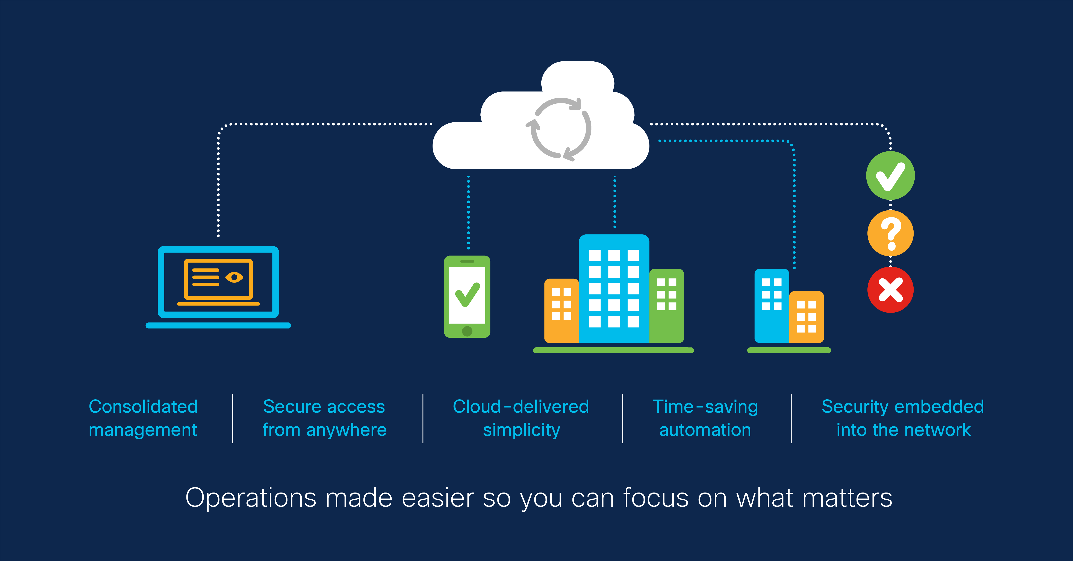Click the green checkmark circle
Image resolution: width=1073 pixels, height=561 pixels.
(x=890, y=175)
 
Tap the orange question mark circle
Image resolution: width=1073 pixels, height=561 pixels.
(x=890, y=233)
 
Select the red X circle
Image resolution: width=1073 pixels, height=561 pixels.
(x=890, y=290)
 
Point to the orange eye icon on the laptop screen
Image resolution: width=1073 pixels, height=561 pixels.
(x=234, y=277)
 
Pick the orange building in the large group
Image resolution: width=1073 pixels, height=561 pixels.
(x=561, y=310)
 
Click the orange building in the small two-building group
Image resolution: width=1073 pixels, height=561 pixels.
(x=807, y=317)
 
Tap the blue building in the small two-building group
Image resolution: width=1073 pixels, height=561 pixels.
(x=771, y=306)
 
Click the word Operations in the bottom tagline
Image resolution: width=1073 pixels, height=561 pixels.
(x=250, y=498)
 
